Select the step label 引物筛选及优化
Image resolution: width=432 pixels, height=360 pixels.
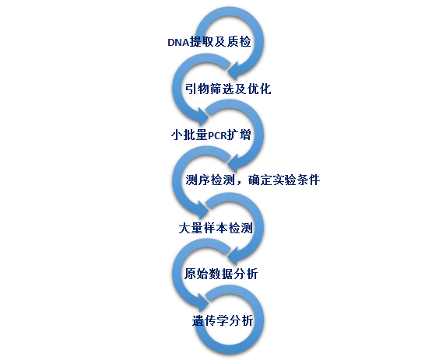(228, 89)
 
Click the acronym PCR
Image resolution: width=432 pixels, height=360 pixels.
(217, 135)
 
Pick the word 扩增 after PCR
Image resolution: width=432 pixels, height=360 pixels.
(239, 135)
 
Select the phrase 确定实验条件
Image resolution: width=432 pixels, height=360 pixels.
(284, 180)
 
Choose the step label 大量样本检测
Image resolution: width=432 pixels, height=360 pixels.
(216, 228)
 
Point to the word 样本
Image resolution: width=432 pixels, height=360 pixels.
(216, 228)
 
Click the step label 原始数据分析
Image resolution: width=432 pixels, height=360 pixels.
(221, 274)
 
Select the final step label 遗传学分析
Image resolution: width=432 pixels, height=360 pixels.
(223, 320)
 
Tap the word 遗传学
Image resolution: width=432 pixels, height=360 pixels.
(210, 320)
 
